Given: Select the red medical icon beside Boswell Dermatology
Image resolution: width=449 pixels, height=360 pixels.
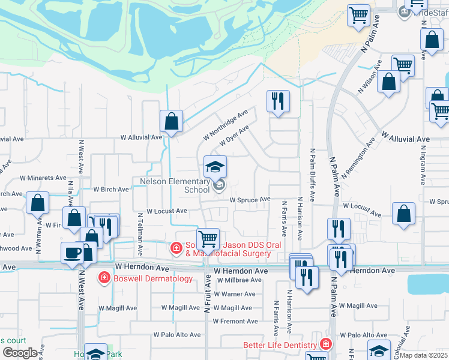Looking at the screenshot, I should pos(104,278).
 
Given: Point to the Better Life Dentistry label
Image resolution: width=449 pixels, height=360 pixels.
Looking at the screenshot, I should pos(280,345).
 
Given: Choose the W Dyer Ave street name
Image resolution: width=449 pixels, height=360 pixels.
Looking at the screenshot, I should pos(234,136).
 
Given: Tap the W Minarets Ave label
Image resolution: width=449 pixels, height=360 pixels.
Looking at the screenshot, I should pos(43,178).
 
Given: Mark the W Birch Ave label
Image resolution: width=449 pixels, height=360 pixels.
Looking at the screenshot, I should pos(111,189).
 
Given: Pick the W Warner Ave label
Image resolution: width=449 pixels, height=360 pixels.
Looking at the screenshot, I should pos(234,294).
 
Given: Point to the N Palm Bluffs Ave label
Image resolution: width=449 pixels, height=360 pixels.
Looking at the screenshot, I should pos(313,175).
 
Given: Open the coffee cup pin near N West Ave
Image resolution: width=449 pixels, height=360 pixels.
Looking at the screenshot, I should pos(72,252).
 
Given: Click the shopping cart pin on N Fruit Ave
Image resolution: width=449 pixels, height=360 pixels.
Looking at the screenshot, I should pos(208,239).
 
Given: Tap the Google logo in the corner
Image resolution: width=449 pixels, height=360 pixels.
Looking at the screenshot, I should pos(20,353).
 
